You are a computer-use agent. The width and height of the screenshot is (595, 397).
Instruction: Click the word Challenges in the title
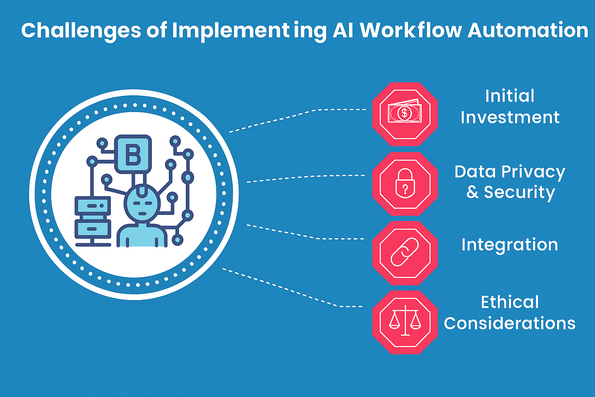click(x=81, y=31)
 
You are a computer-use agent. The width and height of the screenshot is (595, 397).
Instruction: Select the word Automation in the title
click(x=528, y=31)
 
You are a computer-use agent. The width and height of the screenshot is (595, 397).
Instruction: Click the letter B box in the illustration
click(x=133, y=154)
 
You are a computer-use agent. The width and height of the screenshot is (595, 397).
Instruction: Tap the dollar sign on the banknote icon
click(x=404, y=113)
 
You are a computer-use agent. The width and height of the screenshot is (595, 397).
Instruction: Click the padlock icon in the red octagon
click(x=405, y=183)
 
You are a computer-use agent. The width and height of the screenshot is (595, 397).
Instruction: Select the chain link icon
click(x=405, y=253)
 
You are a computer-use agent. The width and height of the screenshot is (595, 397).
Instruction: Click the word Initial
click(x=509, y=96)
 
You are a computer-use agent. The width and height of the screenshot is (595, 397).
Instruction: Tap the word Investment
click(x=510, y=117)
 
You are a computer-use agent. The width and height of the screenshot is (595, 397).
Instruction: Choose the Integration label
click(x=509, y=245)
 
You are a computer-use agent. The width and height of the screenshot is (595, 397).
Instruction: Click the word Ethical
click(x=509, y=302)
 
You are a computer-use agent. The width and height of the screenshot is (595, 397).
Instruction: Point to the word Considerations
click(x=509, y=323)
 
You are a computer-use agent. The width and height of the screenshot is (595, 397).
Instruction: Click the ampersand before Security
click(x=472, y=192)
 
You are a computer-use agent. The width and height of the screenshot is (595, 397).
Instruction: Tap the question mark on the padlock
click(x=405, y=189)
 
